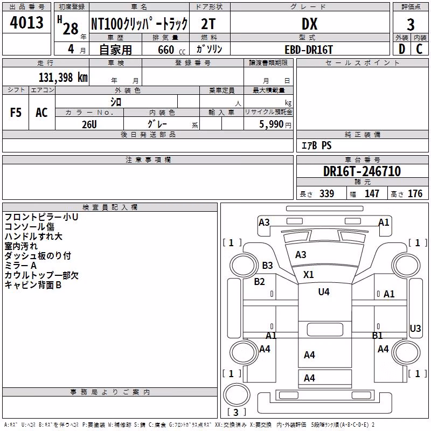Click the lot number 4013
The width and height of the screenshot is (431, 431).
point(26,23)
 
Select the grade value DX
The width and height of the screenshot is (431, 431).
point(309,24)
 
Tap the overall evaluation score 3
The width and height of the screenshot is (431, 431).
point(411,25)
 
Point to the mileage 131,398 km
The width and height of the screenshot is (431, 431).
point(63,78)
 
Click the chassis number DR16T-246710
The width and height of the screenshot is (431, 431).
point(362,171)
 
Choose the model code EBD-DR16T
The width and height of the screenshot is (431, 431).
point(309,50)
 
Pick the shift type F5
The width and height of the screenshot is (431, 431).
point(16,113)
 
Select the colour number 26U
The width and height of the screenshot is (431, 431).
point(89,124)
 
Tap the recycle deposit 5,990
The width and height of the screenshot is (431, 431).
point(271,124)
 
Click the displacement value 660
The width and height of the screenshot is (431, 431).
point(166,50)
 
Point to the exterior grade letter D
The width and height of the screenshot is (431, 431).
point(402,49)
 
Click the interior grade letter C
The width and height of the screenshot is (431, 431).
point(419,49)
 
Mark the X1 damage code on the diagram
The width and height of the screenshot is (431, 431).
point(308,275)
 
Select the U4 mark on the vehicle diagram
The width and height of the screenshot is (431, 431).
point(324,291)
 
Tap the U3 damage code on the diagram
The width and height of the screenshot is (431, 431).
point(415,329)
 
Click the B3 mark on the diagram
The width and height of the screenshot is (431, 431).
point(267,266)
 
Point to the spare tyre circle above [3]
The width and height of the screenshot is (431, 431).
point(237,394)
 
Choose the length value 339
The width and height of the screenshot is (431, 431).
point(326,193)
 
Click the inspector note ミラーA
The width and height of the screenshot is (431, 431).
point(20,266)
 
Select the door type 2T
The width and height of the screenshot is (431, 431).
point(208,24)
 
